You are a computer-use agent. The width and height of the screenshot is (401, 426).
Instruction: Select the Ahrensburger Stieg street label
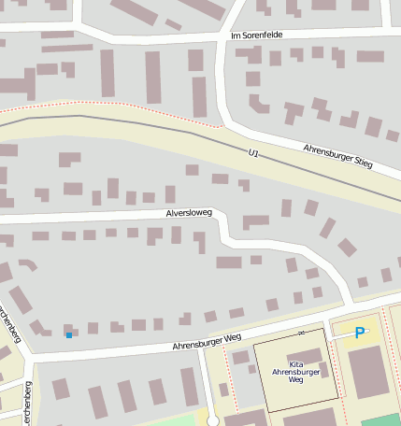coord(337,156)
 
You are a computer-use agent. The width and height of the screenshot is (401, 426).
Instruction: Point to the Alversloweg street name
coord(190,213)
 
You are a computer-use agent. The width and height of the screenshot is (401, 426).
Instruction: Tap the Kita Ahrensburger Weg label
coord(295,373)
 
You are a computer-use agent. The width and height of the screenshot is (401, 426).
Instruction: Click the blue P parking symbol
coord(360,331)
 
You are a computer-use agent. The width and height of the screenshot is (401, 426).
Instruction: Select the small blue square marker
coord(68,334)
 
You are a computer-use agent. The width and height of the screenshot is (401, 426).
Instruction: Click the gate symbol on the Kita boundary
coord(300,333)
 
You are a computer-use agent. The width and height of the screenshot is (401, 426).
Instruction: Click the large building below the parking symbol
coord(368,371)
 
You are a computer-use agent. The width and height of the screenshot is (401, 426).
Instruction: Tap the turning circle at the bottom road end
coord(213,419)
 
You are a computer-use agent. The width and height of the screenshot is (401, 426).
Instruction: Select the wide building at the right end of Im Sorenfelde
coord(370,56)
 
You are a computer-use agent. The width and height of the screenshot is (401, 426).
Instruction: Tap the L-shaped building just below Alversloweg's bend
coord(254,222)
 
